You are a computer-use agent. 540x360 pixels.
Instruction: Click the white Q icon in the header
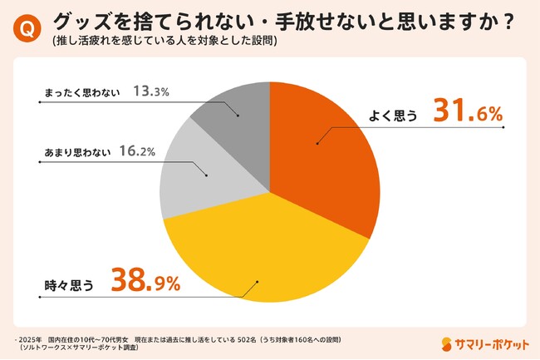(26, 27)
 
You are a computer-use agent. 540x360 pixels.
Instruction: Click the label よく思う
(392, 117)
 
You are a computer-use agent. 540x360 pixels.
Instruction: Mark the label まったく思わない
(81, 92)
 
